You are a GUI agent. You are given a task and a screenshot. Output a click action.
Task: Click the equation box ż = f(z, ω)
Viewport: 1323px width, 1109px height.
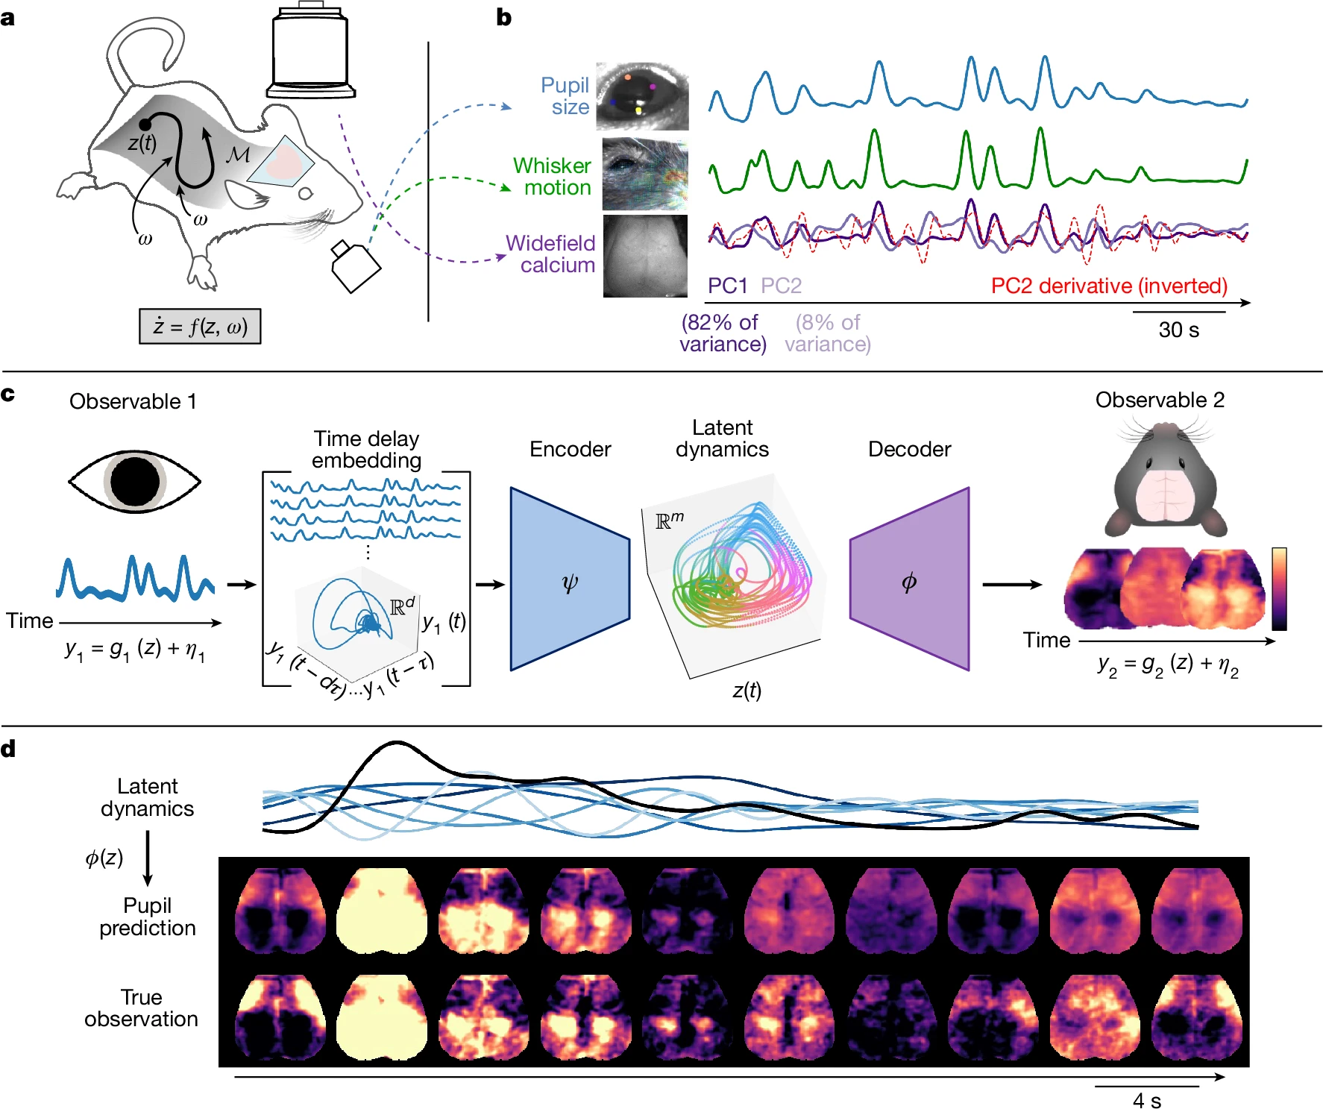tap(200, 327)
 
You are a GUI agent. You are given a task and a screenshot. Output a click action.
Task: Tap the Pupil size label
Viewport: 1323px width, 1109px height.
tap(565, 96)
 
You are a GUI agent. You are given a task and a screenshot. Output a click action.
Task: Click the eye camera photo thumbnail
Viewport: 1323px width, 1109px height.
tap(642, 96)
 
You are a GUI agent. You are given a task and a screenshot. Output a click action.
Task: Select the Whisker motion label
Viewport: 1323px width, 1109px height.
tap(553, 176)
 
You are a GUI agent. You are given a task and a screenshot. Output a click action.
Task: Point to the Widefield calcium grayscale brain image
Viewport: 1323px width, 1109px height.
tap(645, 256)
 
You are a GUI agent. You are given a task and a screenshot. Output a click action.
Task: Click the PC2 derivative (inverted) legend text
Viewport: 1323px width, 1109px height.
tap(1108, 286)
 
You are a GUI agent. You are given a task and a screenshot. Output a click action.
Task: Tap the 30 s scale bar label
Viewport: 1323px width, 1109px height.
tap(1178, 330)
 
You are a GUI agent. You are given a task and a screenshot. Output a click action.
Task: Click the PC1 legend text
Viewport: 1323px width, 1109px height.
tap(727, 286)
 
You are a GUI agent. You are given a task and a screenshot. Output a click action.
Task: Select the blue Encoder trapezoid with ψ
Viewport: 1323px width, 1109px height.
tap(569, 579)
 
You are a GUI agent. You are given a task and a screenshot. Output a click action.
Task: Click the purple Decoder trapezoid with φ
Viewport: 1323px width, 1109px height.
tap(910, 579)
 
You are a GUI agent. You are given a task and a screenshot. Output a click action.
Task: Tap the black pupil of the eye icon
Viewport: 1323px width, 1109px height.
tap(135, 481)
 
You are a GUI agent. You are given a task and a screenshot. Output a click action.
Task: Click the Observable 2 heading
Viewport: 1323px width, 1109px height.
tap(1160, 400)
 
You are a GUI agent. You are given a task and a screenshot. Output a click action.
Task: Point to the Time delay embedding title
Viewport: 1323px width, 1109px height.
tap(366, 449)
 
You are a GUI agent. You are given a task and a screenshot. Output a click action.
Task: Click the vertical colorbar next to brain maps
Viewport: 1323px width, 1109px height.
tap(1279, 588)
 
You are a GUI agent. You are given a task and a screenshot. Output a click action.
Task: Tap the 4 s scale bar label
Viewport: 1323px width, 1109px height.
tap(1146, 1100)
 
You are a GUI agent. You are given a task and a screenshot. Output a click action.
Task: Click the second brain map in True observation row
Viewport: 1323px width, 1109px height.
tap(382, 1017)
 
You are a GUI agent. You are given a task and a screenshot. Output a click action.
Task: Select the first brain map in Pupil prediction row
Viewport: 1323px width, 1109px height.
tap(280, 910)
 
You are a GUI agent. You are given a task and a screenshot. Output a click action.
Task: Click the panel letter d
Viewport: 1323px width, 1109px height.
tap(9, 749)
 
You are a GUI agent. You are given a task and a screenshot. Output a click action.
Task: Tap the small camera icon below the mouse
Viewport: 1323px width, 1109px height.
tap(355, 266)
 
